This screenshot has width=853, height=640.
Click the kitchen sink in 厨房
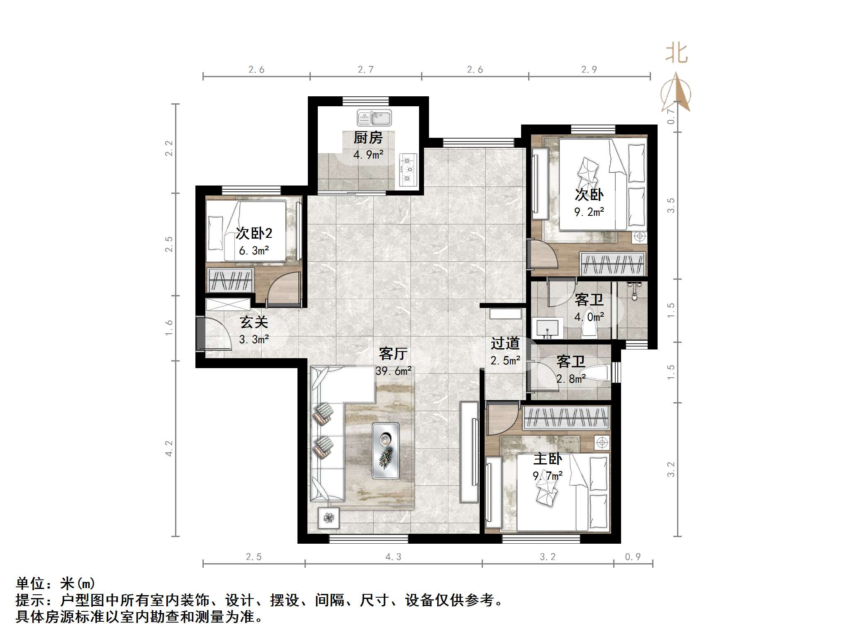click(374, 118)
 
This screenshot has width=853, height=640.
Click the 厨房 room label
click(368, 138)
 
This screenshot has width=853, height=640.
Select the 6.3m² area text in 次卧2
click(254, 251)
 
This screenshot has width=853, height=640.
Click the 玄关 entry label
click(254, 322)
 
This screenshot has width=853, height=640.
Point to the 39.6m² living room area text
click(393, 371)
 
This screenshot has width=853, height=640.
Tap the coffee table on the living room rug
click(385, 451)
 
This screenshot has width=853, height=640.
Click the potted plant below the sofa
click(329, 518)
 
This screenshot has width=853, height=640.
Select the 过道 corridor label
click(505, 343)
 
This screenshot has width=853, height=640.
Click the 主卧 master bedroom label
click(548, 459)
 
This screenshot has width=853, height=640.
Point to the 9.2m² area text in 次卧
click(589, 212)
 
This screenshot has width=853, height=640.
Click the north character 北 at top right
click(677, 54)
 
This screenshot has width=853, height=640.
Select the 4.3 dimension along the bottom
click(393, 557)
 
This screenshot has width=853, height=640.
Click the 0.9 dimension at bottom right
click(633, 557)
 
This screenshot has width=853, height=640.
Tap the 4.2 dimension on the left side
click(169, 448)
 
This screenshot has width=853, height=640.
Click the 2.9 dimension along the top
click(589, 70)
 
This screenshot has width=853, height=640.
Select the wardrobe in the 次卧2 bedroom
click(231, 280)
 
